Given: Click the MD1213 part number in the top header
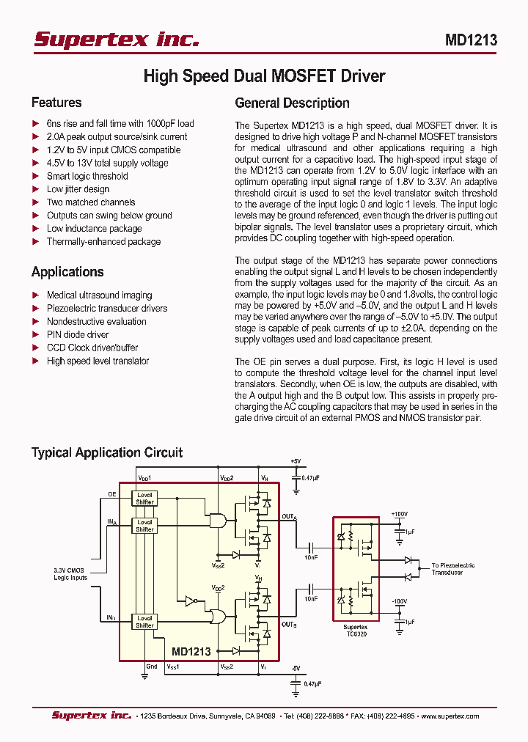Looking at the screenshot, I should (x=471, y=40).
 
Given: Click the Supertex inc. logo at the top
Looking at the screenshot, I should (x=117, y=40).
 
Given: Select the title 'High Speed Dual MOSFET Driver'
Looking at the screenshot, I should (x=264, y=76).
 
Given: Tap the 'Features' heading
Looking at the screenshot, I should (x=56, y=103).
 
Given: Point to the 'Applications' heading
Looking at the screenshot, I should (x=67, y=272).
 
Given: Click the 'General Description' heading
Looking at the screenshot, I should (x=292, y=103).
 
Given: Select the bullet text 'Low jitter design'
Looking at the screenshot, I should (x=78, y=189).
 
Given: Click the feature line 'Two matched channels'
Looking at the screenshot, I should (x=91, y=202).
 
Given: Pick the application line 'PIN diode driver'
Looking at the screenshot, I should (x=78, y=334).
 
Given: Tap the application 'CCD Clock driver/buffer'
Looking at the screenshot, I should (x=92, y=348).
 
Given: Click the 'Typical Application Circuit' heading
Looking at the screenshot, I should (x=107, y=452).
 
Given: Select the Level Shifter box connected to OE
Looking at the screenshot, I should (x=145, y=499).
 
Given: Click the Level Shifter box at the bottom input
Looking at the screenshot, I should (x=145, y=622).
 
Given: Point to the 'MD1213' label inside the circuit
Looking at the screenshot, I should (x=191, y=651).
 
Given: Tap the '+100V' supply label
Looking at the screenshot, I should (x=400, y=514).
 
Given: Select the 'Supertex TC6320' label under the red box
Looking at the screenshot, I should (x=356, y=631).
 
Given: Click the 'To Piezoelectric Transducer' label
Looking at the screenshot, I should (x=452, y=568).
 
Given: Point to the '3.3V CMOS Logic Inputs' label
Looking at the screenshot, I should (x=70, y=574).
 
